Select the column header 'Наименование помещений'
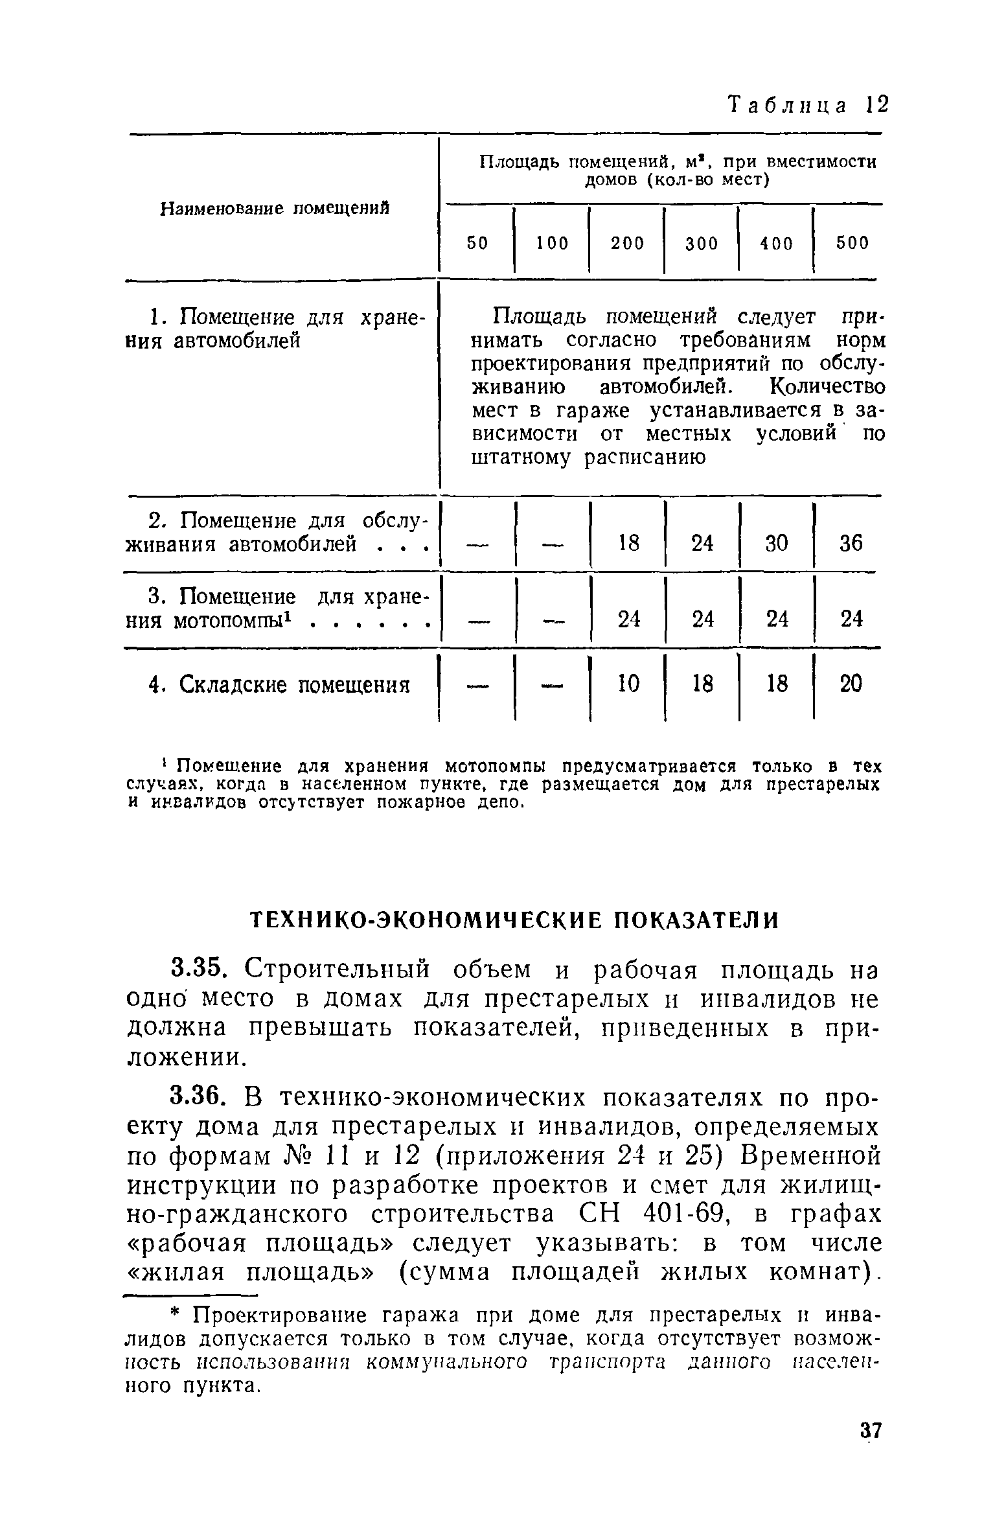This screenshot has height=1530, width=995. point(275,209)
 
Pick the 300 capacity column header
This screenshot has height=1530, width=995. point(702,244)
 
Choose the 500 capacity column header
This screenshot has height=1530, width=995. point(852,243)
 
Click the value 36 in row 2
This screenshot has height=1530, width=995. point(851,543)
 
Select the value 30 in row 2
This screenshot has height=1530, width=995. point(777,543)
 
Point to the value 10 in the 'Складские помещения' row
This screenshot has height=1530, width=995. point(628,683)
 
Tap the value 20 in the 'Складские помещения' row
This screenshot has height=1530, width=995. point(851,683)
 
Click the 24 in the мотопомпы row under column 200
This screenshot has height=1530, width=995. point(628,620)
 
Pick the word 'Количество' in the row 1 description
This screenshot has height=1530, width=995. point(827,388)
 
